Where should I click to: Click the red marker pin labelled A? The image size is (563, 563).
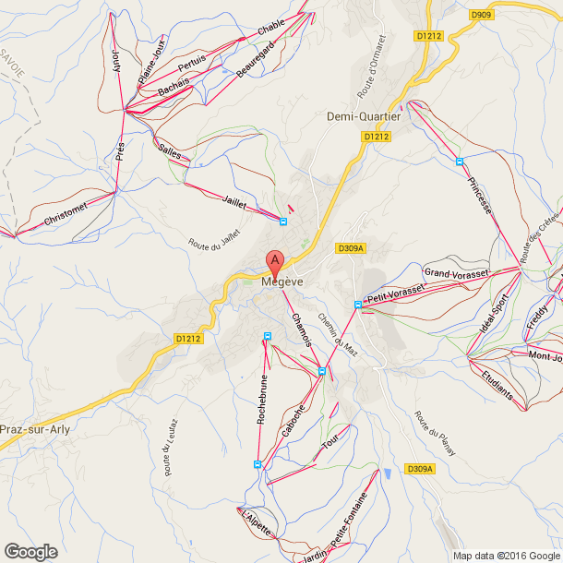(274, 261)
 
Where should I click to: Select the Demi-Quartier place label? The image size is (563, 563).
(364, 117)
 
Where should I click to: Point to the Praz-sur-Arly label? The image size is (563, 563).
(36, 430)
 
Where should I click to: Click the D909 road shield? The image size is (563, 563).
(481, 15)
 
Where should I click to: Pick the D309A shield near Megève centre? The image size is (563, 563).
(352, 248)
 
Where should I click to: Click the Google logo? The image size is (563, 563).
(30, 552)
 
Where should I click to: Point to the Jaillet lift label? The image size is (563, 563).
(234, 199)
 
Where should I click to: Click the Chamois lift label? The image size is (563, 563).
(302, 330)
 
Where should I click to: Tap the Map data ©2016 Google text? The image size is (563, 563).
(506, 556)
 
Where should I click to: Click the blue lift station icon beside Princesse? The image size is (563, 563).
(459, 162)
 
